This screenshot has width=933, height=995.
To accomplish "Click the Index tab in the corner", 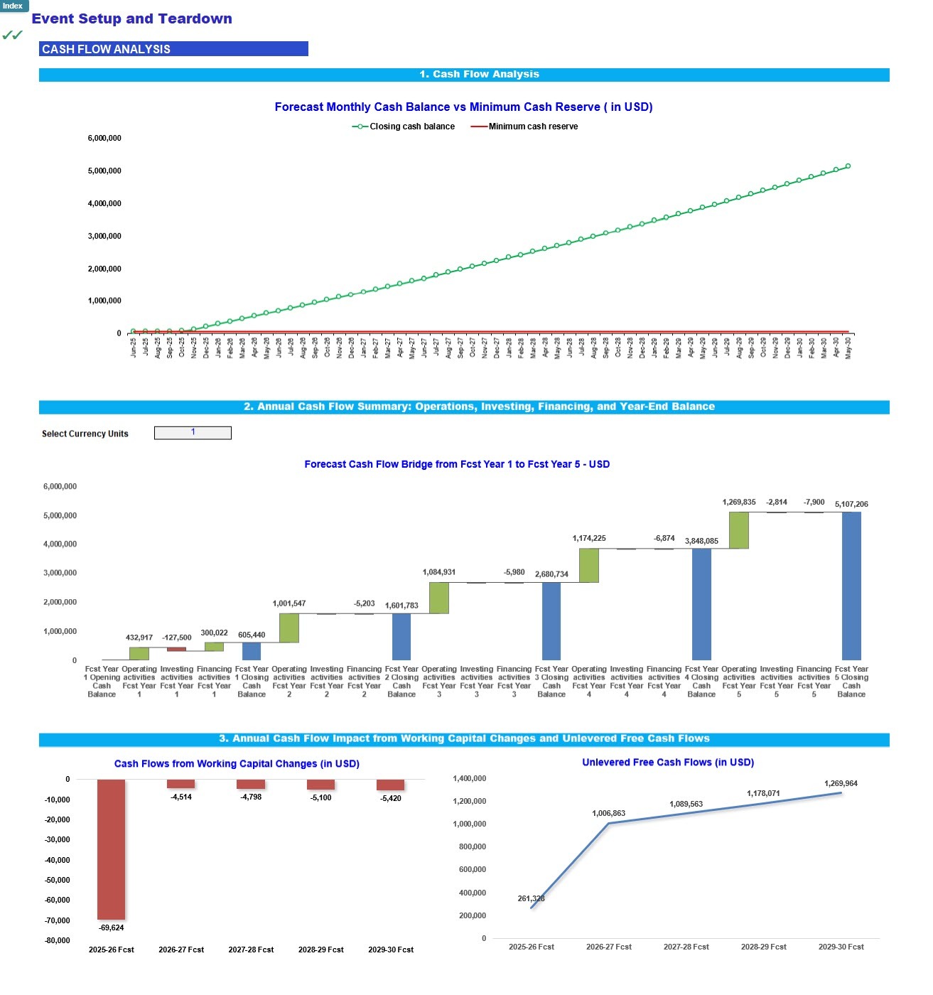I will [14, 6].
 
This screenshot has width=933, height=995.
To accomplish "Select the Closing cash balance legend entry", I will [404, 127].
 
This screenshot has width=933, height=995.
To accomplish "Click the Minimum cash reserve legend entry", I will [525, 127].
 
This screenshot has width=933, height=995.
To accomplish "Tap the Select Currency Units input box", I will [193, 433].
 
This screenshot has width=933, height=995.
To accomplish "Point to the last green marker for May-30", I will [848, 166].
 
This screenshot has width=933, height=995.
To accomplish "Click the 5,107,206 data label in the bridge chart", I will [851, 504].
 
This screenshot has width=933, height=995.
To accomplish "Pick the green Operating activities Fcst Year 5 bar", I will [739, 530].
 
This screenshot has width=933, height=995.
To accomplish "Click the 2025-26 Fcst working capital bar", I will [112, 849].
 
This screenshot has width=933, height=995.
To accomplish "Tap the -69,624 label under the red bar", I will [112, 927].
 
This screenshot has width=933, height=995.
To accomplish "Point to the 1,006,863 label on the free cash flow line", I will [609, 813].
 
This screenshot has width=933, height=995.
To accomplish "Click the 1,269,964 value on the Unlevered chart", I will [841, 783].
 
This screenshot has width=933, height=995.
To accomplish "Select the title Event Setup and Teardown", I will [132, 19].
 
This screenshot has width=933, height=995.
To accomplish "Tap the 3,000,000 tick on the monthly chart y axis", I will [104, 236].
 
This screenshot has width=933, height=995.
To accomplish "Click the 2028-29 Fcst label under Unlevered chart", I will [764, 947].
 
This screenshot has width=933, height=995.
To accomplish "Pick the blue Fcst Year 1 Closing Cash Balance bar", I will [252, 651].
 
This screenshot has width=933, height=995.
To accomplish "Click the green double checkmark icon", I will [12, 35].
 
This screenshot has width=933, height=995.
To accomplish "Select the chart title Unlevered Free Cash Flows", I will [668, 762].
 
